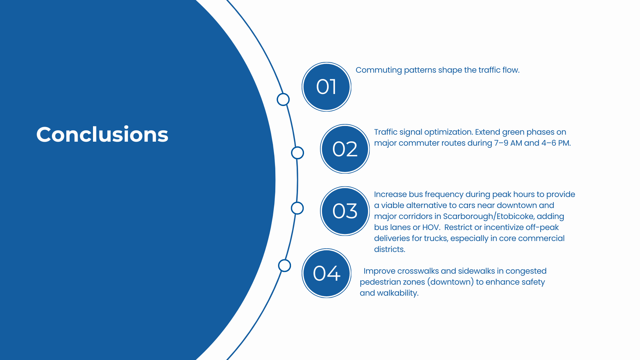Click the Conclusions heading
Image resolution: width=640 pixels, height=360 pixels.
[x=102, y=135]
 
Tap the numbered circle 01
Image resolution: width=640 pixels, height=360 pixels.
[x=326, y=87]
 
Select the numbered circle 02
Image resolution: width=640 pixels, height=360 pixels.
[x=345, y=149]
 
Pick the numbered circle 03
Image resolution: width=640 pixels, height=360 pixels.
[x=345, y=211]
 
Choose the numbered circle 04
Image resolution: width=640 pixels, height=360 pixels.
[x=326, y=273]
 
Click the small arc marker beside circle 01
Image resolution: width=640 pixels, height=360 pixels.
[x=283, y=99]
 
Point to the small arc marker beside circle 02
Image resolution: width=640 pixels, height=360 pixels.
[x=297, y=153]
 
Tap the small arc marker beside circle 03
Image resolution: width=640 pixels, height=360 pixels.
[x=297, y=208]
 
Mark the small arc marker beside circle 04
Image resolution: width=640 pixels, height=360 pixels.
[x=284, y=266]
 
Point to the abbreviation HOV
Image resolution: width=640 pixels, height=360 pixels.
[x=431, y=227]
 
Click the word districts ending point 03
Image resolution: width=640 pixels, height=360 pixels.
[x=389, y=249]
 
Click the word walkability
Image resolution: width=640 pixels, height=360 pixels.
[x=398, y=293]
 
